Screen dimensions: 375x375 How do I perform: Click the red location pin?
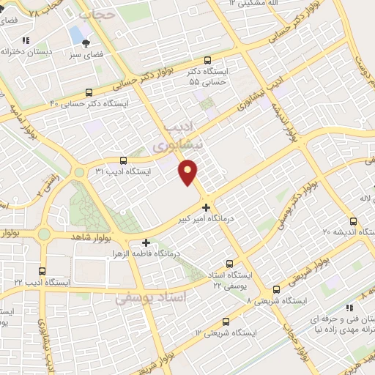(189, 171)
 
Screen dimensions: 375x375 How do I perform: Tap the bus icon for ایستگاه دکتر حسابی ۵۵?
(207, 61)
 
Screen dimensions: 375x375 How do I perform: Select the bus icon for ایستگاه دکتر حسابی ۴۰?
(89, 92)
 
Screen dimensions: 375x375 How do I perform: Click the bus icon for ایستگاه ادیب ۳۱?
(122, 160)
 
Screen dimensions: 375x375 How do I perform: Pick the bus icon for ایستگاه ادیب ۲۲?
(42, 271)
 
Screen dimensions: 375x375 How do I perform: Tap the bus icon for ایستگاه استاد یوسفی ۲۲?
(230, 264)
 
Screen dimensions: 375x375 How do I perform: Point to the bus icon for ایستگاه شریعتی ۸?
(276, 289)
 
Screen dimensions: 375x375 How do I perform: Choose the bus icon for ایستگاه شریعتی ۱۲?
(226, 321)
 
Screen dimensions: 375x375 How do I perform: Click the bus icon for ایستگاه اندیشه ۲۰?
(353, 220)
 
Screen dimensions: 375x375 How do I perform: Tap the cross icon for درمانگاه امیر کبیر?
(206, 207)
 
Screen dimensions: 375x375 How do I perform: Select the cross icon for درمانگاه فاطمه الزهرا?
(146, 242)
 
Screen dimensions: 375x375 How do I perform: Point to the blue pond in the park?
(76, 34)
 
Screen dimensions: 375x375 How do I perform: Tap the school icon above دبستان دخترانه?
(26, 41)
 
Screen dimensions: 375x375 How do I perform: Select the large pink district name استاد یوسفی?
(152, 298)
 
